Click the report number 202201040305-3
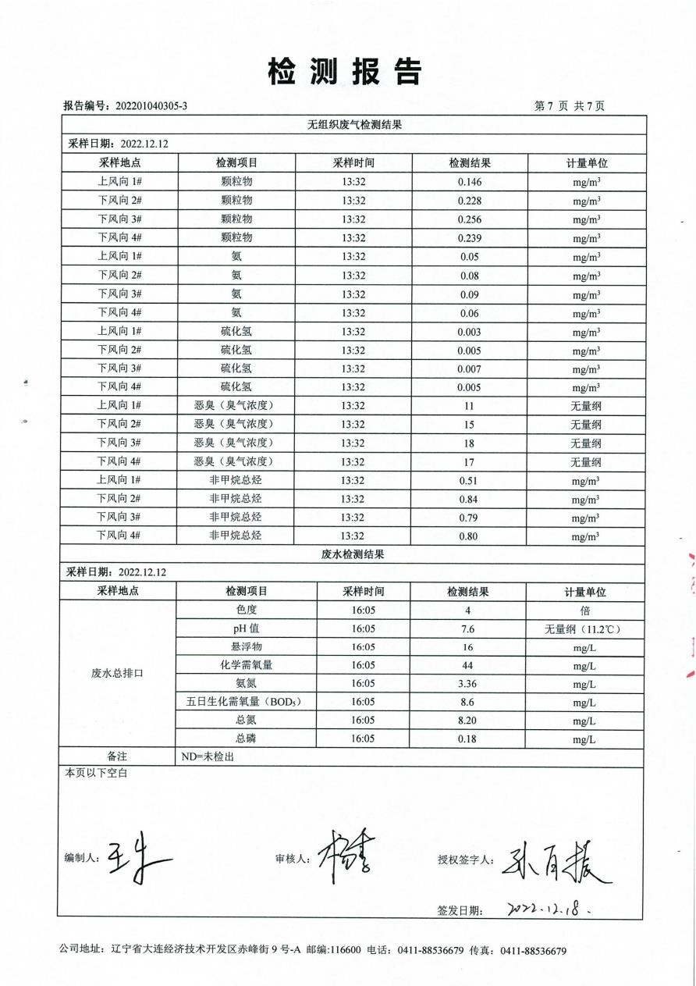151,106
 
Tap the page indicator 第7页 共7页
569,106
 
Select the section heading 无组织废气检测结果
353,125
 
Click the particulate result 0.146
470,182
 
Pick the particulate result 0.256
470,219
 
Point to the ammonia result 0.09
470,294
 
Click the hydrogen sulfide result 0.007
470,368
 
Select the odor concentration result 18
470,443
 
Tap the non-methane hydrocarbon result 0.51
470,481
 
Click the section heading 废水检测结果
353,555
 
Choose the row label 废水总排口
118,673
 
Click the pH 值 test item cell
247,628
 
